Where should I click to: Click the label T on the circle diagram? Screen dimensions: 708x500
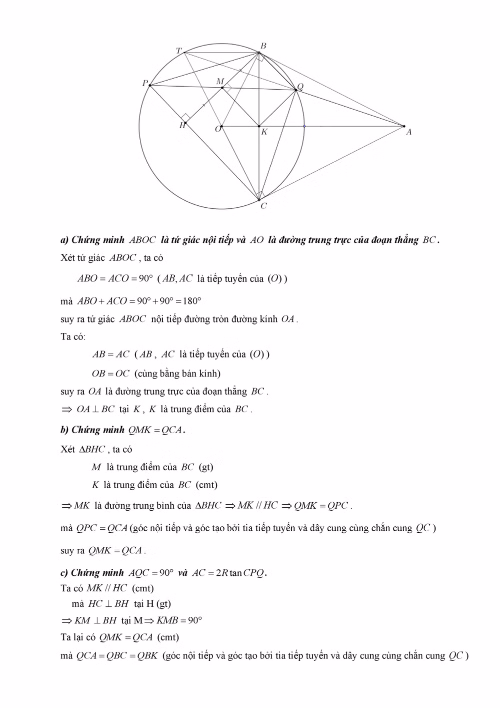pos(178,51)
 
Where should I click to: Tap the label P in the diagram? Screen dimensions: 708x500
pos(144,83)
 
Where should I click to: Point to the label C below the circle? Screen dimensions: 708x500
pos(263,206)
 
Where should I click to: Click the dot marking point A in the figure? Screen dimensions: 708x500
pos(404,126)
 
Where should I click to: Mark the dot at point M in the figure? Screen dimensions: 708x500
pos(222,88)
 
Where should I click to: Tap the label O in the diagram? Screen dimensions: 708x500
pos(217,129)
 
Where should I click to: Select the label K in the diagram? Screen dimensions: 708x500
pos(264,132)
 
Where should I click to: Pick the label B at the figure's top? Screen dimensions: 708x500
pos(263,46)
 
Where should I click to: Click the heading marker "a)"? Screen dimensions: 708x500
pos(64,240)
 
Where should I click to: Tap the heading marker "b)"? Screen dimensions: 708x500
pos(64,430)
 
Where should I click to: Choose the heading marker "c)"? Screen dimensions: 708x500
pos(64,573)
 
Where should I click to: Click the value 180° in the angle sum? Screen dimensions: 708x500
pos(192,301)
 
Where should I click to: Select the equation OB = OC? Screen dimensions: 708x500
pos(110,374)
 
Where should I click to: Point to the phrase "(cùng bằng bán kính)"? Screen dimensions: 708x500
pos(177,374)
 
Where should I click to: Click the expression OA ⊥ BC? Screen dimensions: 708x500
pos(95,410)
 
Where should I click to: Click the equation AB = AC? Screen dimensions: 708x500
pos(110,355)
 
